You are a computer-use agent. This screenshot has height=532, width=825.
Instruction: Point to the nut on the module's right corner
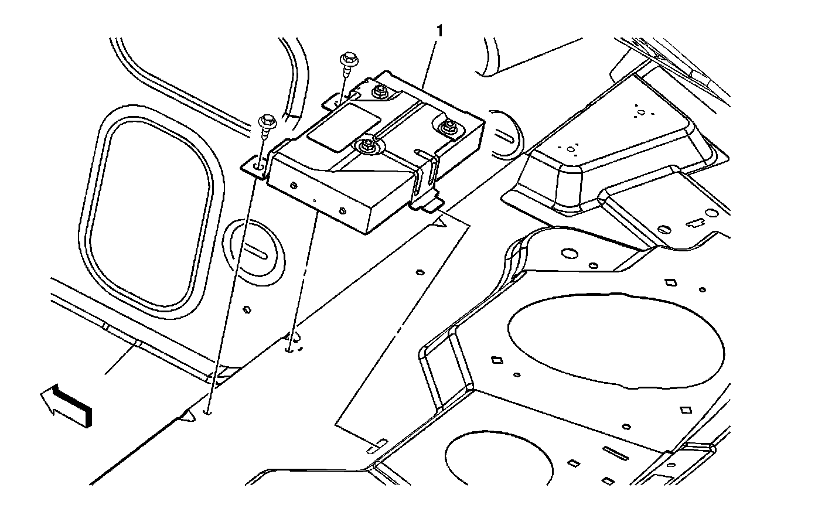[x=449, y=126]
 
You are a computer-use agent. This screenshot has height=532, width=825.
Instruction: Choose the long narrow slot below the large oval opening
[x=616, y=452]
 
